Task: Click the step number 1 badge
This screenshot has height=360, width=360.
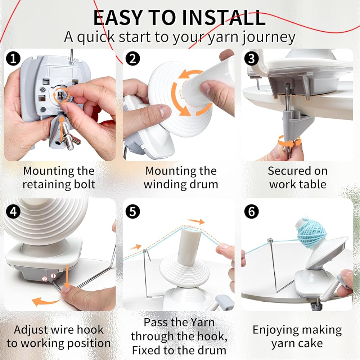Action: click(x=13, y=58)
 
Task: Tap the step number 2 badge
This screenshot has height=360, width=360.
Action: click(x=133, y=58)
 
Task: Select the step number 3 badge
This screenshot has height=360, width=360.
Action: click(x=251, y=58)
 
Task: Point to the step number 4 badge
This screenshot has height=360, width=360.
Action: click(x=13, y=211)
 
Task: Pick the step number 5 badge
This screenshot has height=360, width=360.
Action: click(x=133, y=211)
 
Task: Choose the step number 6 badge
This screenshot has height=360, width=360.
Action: click(x=251, y=211)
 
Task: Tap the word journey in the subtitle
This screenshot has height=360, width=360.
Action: click(x=269, y=37)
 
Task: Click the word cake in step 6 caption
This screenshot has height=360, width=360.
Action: click(x=311, y=343)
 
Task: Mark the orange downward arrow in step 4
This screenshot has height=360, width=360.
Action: click(x=67, y=276)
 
